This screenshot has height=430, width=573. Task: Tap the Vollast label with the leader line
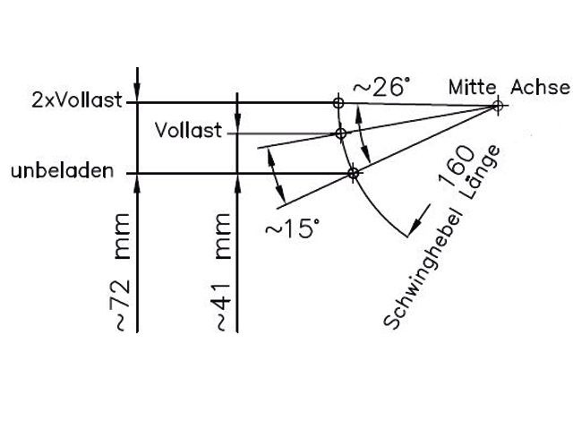pos(188,132)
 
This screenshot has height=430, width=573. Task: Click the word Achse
pos(540,87)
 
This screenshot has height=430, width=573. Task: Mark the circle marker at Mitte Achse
pos(497,106)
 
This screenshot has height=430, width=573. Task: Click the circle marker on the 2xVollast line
pos(338,103)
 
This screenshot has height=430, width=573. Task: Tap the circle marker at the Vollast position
pos(340,133)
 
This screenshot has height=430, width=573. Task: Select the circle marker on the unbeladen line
pos(353,172)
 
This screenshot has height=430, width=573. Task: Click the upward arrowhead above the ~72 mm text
pos(136,183)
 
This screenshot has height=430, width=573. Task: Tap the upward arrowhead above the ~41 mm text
pos(235,183)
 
